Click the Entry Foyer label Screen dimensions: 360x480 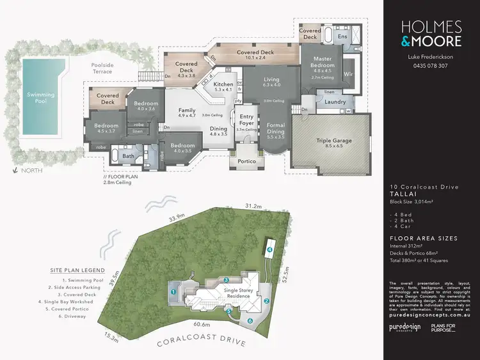pos(246,120)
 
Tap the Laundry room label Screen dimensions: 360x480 pos(335,102)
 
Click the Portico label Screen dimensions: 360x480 pos(246,161)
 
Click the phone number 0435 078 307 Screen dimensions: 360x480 pos(430,66)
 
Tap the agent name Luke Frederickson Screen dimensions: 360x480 pos(430,57)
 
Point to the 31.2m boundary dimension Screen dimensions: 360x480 pos(254,206)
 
